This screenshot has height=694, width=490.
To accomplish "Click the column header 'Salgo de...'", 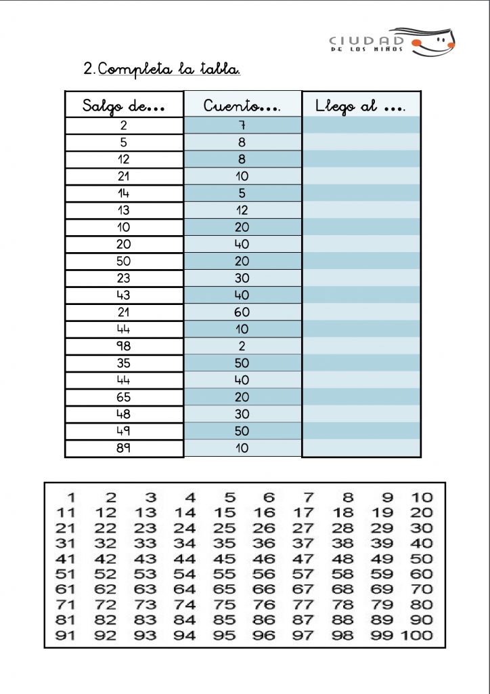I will click(x=124, y=106).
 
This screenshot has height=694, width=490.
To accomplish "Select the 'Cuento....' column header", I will click(x=242, y=106).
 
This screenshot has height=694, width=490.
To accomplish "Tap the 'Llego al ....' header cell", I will click(x=361, y=106).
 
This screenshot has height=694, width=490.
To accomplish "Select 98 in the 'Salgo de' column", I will click(x=124, y=346).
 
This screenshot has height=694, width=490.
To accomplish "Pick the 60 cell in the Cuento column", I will click(x=242, y=312).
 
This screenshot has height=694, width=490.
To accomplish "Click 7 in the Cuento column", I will click(x=242, y=125).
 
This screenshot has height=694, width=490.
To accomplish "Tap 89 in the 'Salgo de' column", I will click(x=124, y=448).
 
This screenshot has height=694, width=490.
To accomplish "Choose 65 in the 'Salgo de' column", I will click(x=124, y=397).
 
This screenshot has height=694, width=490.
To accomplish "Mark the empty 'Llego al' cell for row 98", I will click(x=361, y=346).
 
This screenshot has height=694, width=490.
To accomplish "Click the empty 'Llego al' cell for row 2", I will click(x=361, y=125).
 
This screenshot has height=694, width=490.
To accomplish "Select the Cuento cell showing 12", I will click(x=242, y=210).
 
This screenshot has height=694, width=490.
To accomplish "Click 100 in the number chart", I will click(x=417, y=636).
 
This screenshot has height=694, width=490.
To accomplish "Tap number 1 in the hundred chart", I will click(x=70, y=497).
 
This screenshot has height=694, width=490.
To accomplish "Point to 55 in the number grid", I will click(x=224, y=574).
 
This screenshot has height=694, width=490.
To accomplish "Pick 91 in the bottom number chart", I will click(x=65, y=636).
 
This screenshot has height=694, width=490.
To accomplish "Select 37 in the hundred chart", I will click(x=303, y=544).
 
